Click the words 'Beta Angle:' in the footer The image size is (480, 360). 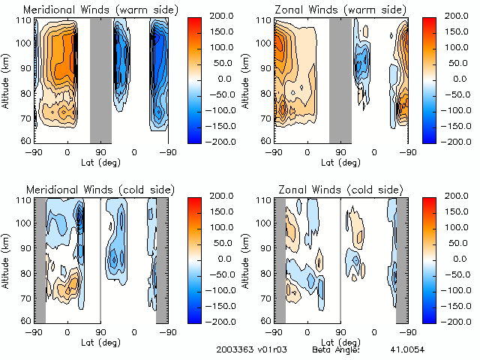336,349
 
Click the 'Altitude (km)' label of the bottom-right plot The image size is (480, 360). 247,260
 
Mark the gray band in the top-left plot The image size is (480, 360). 100,79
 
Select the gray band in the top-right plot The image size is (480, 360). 340,79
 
